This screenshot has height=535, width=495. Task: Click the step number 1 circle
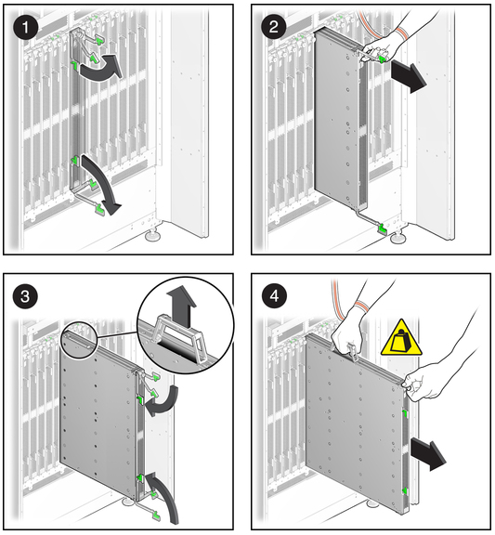(26, 27)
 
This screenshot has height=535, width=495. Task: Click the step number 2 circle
(274, 27)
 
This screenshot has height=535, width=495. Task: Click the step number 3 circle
(26, 295)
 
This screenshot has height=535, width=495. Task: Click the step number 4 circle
(274, 295)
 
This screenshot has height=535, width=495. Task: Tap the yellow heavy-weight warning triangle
(401, 339)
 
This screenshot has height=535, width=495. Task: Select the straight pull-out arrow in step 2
(409, 76)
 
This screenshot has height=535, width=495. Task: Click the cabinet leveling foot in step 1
(154, 235)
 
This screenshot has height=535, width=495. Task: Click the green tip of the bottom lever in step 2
(382, 229)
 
